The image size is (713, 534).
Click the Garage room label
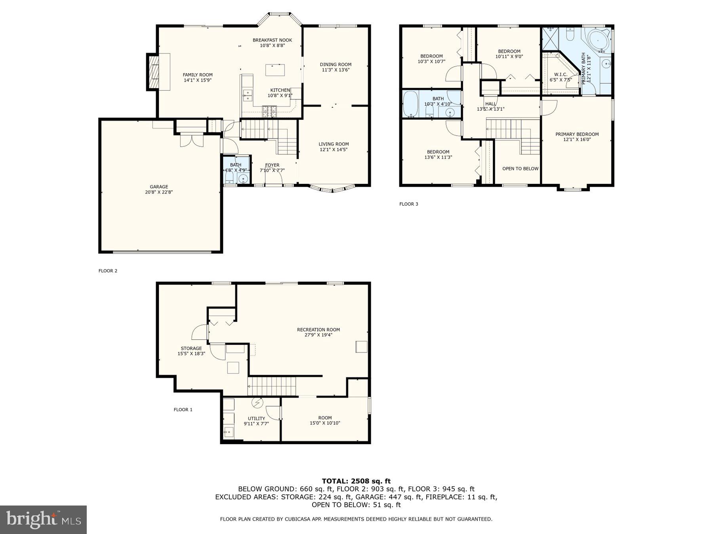coord(159,187)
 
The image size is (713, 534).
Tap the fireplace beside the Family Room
coord(153,72)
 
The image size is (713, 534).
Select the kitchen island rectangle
coord(275,70)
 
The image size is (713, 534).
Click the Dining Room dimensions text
coord(336,70)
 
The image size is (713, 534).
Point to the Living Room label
coord(334,144)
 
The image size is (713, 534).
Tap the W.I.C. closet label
coord(560,75)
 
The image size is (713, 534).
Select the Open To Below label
coord(520,169)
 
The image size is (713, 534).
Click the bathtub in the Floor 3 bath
coord(410,104)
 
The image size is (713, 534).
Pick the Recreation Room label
coord(318,329)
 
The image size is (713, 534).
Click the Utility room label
coord(256,418)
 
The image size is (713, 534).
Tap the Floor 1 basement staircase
coord(272,386)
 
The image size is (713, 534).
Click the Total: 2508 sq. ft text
coord(356,481)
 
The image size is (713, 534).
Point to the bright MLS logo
coord(43,519)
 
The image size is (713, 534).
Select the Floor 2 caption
coord(108,271)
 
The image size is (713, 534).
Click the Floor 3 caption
coord(408,204)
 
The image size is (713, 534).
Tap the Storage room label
coord(191,348)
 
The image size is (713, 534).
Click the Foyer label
coord(272,165)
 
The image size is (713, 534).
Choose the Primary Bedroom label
coord(577,134)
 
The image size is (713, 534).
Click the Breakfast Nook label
coord(272,40)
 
